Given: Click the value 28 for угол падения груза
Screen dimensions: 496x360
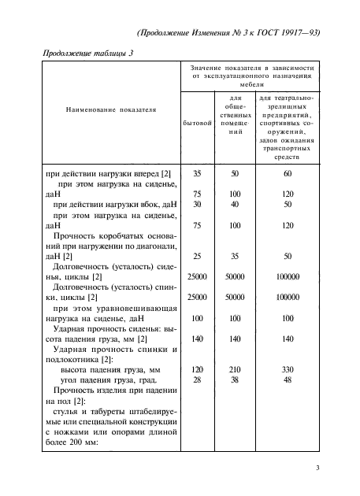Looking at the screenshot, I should coord(197,379).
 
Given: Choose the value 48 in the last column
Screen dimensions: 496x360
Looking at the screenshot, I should coord(288,379).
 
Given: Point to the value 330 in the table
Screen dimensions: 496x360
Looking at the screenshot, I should coord(288,368).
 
